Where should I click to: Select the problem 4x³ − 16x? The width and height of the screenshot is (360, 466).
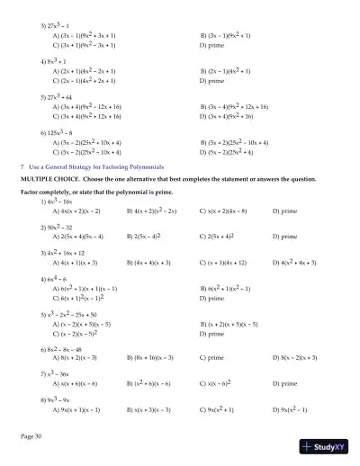point(56,202)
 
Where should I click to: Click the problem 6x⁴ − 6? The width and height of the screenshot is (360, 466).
point(53,279)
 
